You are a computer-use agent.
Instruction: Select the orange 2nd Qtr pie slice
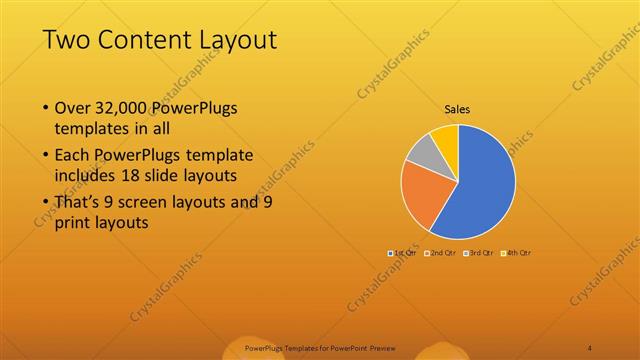pyautogui.click(x=422, y=193)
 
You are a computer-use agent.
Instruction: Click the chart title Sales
pyautogui.click(x=458, y=110)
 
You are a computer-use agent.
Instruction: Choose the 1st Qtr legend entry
pyautogui.click(x=404, y=253)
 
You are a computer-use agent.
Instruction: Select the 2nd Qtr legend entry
pyautogui.click(x=441, y=253)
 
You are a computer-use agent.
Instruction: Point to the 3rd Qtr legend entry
pyautogui.click(x=479, y=253)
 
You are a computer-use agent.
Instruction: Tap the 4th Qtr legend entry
pyautogui.click(x=517, y=253)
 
